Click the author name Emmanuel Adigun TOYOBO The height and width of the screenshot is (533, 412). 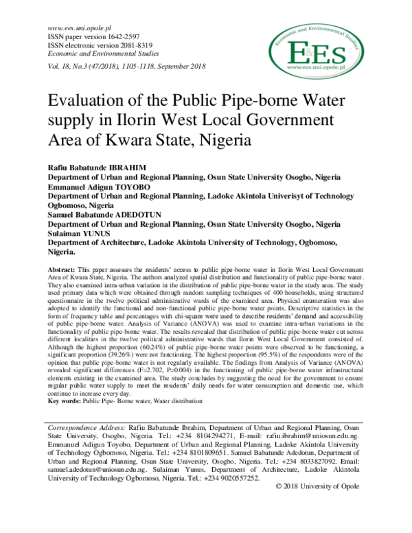(x=97, y=188)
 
